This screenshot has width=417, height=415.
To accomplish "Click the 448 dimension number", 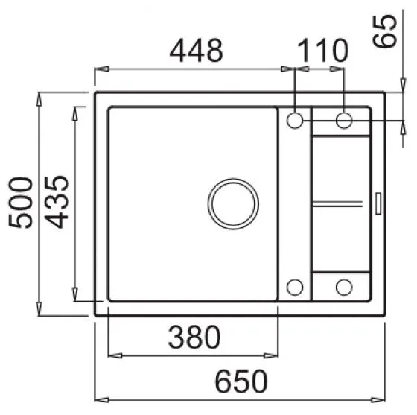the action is coord(197,51).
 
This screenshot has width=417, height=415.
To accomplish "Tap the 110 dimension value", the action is coord(322,51).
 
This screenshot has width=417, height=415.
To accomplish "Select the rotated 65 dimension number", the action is coord(385,31).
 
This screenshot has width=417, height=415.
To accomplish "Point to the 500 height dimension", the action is coord(21,203).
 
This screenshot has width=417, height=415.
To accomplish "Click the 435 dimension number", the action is coord(57,202).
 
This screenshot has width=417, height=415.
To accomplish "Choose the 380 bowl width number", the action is coord(194,337).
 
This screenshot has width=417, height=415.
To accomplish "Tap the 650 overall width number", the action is coord(241,381).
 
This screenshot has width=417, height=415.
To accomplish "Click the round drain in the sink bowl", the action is coord(233,204).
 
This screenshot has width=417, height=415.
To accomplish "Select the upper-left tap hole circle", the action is coord(295,120).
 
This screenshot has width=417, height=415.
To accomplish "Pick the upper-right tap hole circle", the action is coord(344,120).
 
